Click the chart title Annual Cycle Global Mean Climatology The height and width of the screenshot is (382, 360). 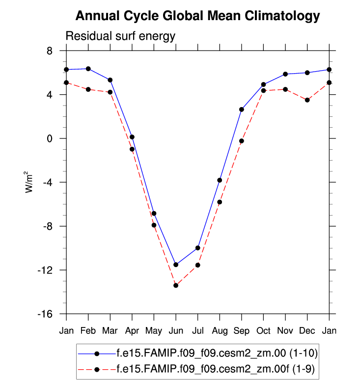click(197, 16)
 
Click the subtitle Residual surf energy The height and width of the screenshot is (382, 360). click(120, 36)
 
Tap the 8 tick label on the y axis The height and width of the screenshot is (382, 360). click(50, 51)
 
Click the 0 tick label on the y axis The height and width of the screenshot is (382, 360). click(50, 138)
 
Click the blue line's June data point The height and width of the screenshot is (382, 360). click(176, 265)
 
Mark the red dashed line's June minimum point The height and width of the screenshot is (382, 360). click(176, 285)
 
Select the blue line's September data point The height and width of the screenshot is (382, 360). click(242, 109)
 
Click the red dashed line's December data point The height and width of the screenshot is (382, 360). click(307, 100)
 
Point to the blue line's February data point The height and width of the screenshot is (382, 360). click(88, 69)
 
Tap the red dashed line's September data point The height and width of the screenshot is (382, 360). click(242, 141)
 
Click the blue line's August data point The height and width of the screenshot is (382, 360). click(220, 180)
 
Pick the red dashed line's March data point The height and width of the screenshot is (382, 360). click(110, 92)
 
